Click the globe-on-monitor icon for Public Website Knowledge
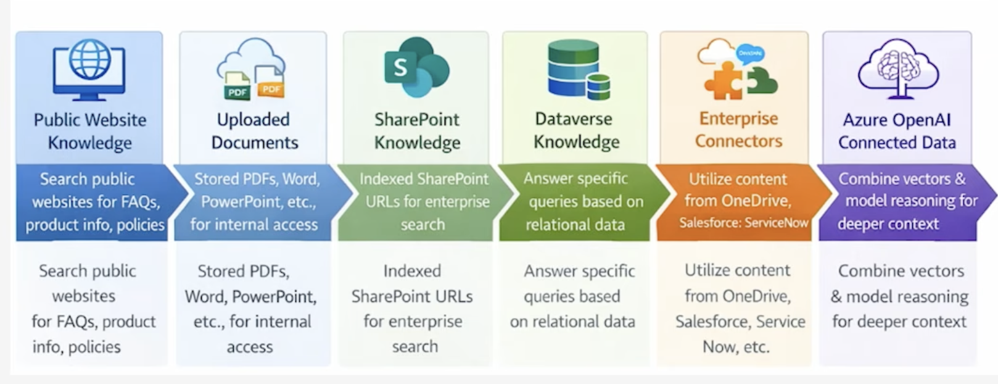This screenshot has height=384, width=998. pyautogui.click(x=89, y=70)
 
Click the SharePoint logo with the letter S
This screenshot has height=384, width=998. pyautogui.click(x=416, y=67)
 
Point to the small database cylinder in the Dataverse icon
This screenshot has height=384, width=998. pyautogui.click(x=598, y=87)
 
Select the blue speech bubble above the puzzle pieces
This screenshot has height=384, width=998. pyautogui.click(x=750, y=54)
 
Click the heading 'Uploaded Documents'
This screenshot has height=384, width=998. pyautogui.click(x=254, y=131)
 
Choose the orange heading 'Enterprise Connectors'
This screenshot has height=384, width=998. pyautogui.click(x=738, y=130)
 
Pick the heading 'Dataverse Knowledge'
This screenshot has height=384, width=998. pyautogui.click(x=576, y=130)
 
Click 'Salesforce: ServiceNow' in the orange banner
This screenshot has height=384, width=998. pyautogui.click(x=744, y=222)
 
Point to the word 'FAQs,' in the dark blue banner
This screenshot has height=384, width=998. pyautogui.click(x=135, y=202)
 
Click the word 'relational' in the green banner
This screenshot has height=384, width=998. pyautogui.click(x=558, y=224)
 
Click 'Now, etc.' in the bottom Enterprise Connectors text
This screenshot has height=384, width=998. pyautogui.click(x=736, y=346)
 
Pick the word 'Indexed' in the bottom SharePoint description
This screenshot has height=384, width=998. pyautogui.click(x=412, y=271)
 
